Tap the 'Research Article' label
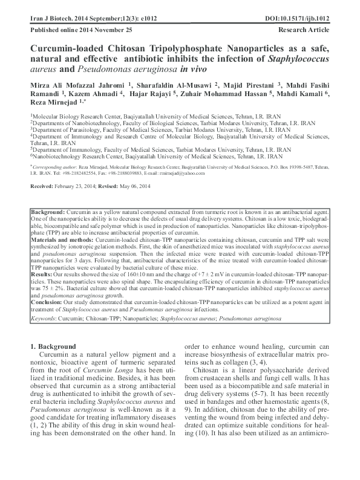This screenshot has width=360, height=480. [304, 29]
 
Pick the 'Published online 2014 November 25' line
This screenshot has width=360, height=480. [72, 29]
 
